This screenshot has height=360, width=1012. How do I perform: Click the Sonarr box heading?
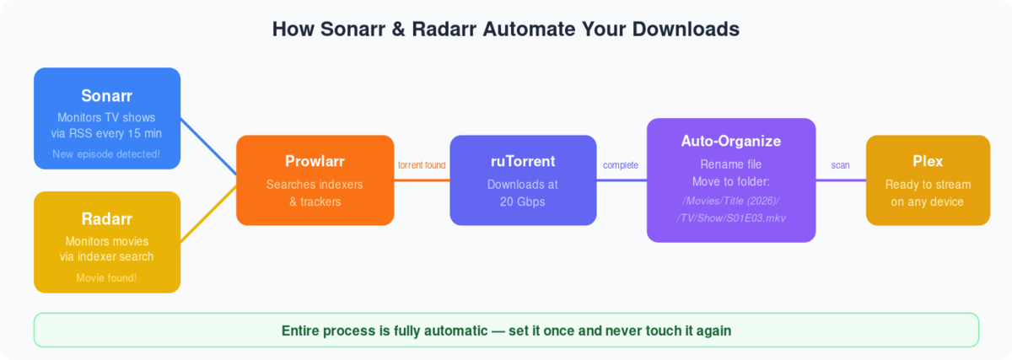click(107, 95)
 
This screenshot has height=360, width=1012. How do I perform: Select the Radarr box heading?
click(107, 219)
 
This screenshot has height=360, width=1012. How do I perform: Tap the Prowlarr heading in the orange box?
click(315, 161)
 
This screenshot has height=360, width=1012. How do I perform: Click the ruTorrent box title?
click(523, 161)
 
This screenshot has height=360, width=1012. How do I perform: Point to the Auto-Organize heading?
click(731, 141)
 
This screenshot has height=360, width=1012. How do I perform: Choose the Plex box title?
click(928, 161)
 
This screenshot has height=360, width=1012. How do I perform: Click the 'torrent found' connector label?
click(422, 165)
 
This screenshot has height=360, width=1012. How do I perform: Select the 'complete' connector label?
click(621, 165)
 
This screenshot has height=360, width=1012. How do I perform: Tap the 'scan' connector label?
click(841, 165)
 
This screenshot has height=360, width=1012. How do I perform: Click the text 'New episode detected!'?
click(107, 154)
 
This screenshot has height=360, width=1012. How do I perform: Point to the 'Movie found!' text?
click(107, 278)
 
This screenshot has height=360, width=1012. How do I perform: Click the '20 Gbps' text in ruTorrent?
click(523, 202)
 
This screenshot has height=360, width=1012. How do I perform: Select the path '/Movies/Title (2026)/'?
click(731, 200)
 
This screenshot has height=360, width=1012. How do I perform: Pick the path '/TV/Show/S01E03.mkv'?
click(731, 218)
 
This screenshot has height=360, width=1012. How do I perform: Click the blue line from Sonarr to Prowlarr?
click(208, 149)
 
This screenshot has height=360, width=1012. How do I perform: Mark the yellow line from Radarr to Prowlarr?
click(208, 212)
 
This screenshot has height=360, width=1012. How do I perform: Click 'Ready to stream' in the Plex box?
click(928, 185)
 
